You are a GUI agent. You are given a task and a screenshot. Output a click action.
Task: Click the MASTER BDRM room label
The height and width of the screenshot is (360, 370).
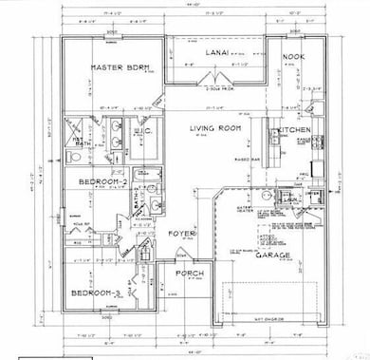pyautogui.click(x=115, y=68)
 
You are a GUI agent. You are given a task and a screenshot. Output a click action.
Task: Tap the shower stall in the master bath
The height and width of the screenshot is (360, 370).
pyautogui.click(x=74, y=152)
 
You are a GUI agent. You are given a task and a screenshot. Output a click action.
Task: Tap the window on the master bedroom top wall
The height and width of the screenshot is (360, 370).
pyautogui.click(x=111, y=43)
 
